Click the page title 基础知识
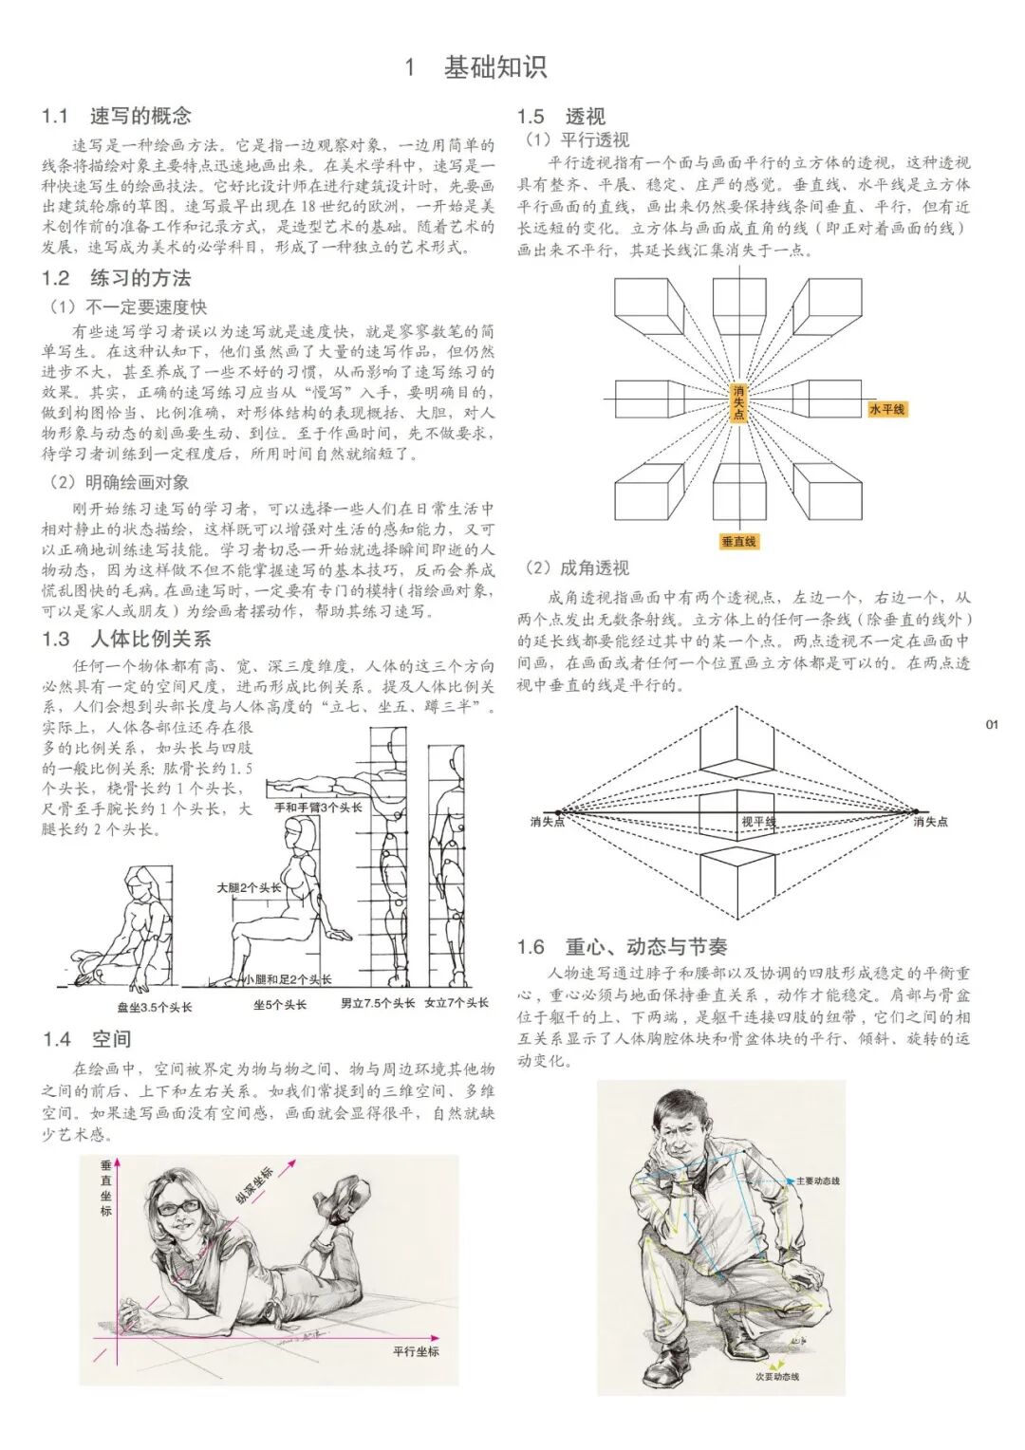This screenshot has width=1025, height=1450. (494, 67)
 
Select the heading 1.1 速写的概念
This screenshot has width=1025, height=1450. (117, 116)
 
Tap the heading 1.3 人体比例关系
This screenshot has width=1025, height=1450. (126, 639)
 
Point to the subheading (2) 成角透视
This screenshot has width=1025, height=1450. (577, 567)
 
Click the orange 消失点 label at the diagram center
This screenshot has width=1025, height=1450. (738, 402)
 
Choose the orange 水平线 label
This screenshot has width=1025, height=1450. (886, 409)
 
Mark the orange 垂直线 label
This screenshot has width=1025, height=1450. (738, 541)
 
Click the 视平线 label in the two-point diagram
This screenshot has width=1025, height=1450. (757, 821)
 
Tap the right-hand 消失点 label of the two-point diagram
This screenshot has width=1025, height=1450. (930, 822)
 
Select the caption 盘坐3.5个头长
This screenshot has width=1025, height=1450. (154, 1007)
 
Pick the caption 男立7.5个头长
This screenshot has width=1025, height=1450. (378, 1003)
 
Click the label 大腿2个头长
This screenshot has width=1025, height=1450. (249, 887)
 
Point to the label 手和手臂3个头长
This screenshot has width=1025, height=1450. (318, 808)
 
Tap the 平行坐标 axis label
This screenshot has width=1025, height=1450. (416, 1350)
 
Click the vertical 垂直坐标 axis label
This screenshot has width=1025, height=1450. (105, 1189)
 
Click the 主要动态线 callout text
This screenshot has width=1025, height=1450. (817, 1180)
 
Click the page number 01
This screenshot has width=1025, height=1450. (992, 724)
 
